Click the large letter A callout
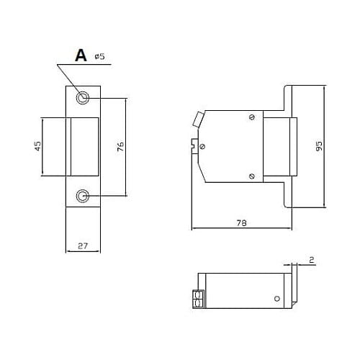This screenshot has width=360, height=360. click(x=81, y=55)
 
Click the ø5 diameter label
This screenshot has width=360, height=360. click(x=100, y=56)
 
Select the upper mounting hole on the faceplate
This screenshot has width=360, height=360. click(x=83, y=98)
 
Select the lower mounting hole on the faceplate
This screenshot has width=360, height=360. click(x=83, y=196)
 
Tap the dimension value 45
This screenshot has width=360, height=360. click(x=38, y=146)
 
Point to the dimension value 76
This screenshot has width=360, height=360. click(x=121, y=146)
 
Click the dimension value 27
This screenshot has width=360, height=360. click(x=83, y=246)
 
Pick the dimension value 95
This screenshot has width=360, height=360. click(x=319, y=146)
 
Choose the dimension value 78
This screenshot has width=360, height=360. click(x=241, y=223)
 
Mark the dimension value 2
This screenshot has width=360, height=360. click(x=312, y=260)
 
